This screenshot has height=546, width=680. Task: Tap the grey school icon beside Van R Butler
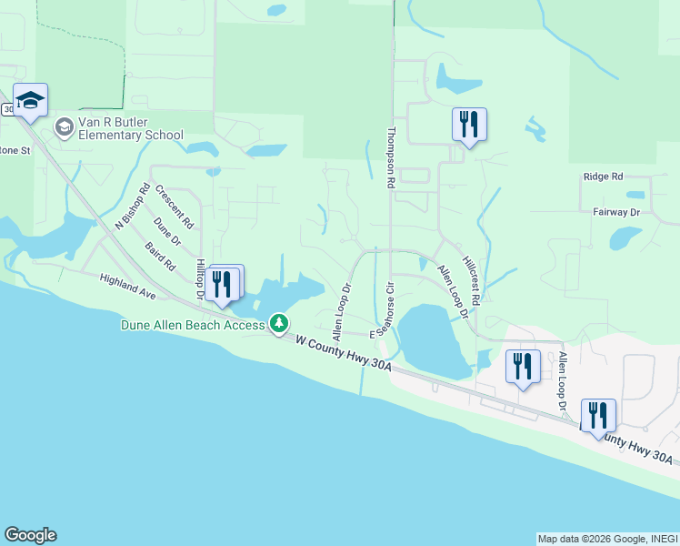click(x=65, y=127)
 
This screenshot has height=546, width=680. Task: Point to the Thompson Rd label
click(x=391, y=157)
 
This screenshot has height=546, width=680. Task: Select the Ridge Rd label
click(x=604, y=177)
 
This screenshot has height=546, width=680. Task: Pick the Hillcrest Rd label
click(x=470, y=278)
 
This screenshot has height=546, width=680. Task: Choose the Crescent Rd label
click(x=175, y=206)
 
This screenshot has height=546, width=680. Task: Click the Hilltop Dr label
click(x=201, y=278)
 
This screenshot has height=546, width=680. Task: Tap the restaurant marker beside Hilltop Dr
click(x=223, y=283)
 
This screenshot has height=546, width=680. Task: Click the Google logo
click(x=30, y=535)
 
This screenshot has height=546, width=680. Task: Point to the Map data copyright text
click(x=607, y=539)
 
